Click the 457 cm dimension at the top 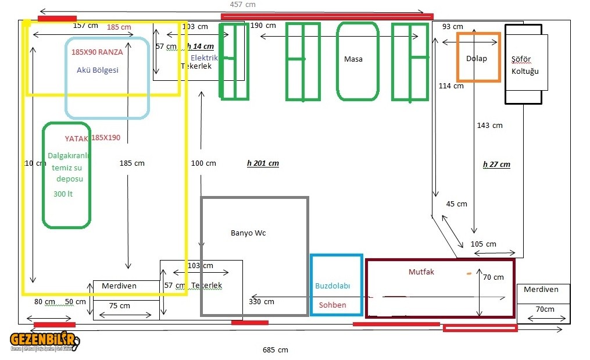click(x=242, y=5)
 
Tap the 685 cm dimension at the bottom click(x=275, y=350)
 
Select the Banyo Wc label click(x=248, y=233)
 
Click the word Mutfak click(x=421, y=272)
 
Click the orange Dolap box click(x=478, y=58)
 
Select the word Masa click(x=353, y=59)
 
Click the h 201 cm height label click(x=263, y=163)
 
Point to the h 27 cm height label click(x=496, y=165)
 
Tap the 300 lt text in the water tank click(x=63, y=194)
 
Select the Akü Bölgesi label click(x=98, y=70)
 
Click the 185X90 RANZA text click(x=97, y=52)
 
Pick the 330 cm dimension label click(x=261, y=302)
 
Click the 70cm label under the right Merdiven click(x=545, y=309)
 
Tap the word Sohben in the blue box click(x=332, y=305)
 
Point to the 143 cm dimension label click(x=489, y=126)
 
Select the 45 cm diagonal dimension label click(x=456, y=204)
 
